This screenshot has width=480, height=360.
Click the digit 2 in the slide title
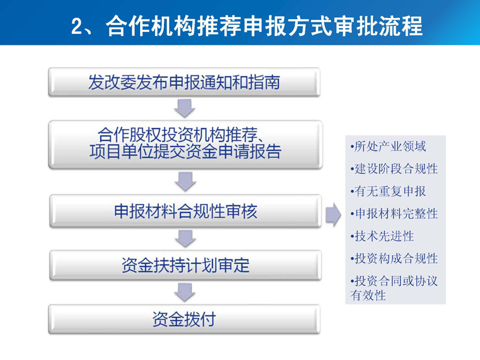click(77, 27)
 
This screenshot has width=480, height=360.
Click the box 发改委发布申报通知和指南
click(184, 82)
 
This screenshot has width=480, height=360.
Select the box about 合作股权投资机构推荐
click(185, 144)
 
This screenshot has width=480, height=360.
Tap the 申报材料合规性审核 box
click(186, 211)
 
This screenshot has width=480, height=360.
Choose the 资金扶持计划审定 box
click(186, 265)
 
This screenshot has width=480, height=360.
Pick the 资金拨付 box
click(184, 319)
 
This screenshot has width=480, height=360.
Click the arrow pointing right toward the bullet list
click(333, 214)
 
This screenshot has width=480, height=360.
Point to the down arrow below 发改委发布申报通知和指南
click(184, 108)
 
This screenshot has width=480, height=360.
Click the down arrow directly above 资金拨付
click(185, 292)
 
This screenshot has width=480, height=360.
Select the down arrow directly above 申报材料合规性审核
click(185, 182)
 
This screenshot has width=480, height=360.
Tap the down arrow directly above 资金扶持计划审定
click(185, 239)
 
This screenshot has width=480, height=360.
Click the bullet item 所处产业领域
click(388, 146)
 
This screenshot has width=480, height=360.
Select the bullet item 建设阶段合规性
click(394, 169)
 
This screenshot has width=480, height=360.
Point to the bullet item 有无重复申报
click(388, 191)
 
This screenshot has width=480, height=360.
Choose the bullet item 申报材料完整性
click(394, 214)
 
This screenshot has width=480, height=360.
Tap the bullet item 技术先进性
click(382, 236)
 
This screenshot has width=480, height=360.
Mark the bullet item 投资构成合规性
click(394, 258)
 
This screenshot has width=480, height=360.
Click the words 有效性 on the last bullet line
click(368, 295)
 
